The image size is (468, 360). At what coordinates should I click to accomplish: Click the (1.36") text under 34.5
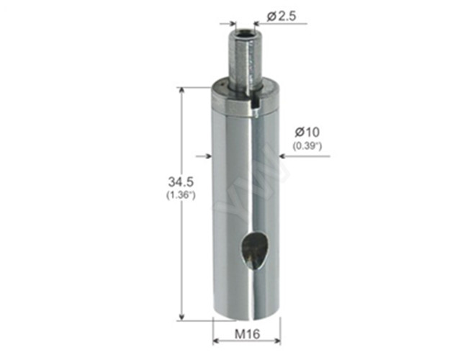pos(172,196)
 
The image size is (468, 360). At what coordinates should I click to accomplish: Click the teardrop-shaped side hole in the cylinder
pos(251,250)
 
